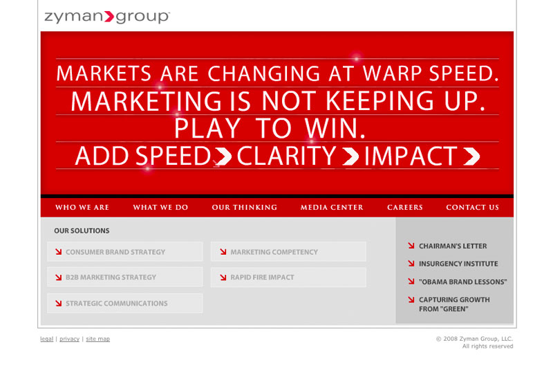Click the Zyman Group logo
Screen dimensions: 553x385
(x=107, y=17)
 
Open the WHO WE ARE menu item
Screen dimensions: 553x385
(x=82, y=207)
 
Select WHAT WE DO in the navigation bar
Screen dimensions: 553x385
(x=160, y=207)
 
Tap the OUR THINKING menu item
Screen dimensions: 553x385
(x=245, y=207)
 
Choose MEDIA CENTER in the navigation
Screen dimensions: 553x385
(x=332, y=207)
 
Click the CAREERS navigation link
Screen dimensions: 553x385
(x=405, y=207)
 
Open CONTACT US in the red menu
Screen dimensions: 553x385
(x=473, y=207)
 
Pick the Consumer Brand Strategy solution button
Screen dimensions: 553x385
(x=125, y=251)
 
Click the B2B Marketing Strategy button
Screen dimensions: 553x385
(x=125, y=277)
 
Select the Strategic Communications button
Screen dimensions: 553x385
(x=125, y=303)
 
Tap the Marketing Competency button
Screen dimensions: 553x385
(x=288, y=251)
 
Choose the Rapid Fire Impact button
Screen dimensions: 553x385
(x=288, y=277)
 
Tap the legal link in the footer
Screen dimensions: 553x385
(x=46, y=339)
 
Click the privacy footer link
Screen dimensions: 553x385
(x=70, y=339)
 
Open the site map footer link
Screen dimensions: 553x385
(x=97, y=339)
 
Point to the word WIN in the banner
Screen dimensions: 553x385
(x=335, y=128)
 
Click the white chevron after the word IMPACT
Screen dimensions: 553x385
(x=471, y=156)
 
